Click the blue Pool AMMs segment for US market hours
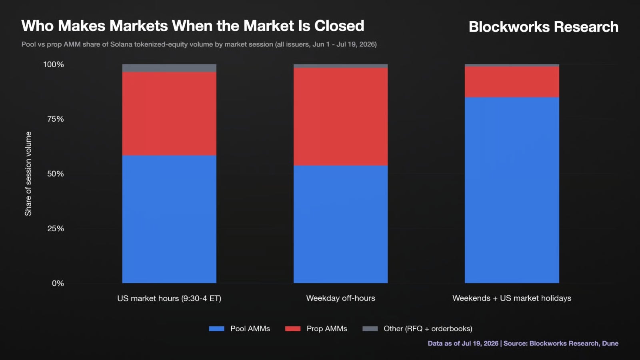coord(169,219)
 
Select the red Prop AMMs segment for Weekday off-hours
coord(340,116)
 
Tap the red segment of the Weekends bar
coord(512,82)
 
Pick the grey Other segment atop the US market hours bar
coord(169,68)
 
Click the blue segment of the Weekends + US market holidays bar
coord(512,190)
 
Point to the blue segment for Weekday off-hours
coord(340,224)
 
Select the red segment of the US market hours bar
coord(169,114)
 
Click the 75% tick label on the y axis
coord(56,119)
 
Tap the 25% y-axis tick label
coord(56,228)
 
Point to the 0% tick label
coord(58,284)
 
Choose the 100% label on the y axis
coord(54,64)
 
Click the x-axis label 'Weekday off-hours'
coord(340,298)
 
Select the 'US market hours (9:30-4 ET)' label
coord(169,298)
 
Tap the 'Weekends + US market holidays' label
coord(512,298)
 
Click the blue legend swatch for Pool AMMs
coord(216,328)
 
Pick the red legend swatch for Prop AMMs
coord(293,328)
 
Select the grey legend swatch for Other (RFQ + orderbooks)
coord(370,328)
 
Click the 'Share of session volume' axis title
coord(28,174)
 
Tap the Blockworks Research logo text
coord(544,27)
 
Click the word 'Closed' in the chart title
coord(339,26)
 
